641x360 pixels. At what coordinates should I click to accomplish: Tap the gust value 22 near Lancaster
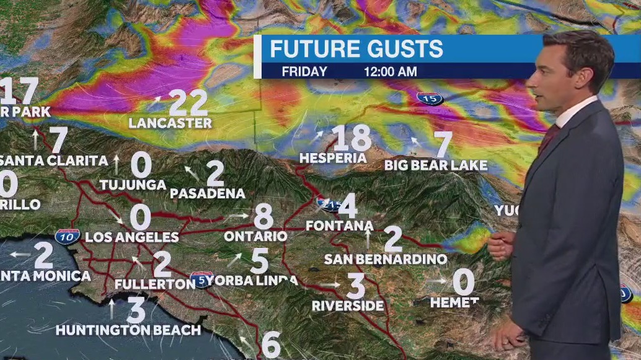[x=188, y=102]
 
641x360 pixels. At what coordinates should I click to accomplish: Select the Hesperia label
[x=334, y=159]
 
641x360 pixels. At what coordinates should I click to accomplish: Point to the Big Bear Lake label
[x=436, y=166]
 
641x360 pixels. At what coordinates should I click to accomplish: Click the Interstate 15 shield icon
[x=429, y=98]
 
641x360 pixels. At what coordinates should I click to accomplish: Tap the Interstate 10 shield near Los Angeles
[x=66, y=235]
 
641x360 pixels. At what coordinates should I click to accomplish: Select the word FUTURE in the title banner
[x=311, y=49]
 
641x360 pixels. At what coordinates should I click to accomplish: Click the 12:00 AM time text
[x=391, y=71]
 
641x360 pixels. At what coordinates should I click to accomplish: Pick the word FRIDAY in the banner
[x=304, y=71]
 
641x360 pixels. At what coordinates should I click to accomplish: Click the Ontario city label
[x=255, y=236]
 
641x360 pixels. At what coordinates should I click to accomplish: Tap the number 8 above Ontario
[x=263, y=217]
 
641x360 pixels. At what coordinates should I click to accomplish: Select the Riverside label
[x=348, y=306]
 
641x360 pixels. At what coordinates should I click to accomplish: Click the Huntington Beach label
[x=128, y=330]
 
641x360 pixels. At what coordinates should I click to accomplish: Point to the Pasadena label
[x=208, y=193]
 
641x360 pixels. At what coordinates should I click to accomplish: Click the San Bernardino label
[x=386, y=259]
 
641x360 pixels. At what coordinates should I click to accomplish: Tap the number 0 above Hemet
[x=463, y=282]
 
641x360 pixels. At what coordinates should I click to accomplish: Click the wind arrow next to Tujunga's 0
[x=116, y=164]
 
